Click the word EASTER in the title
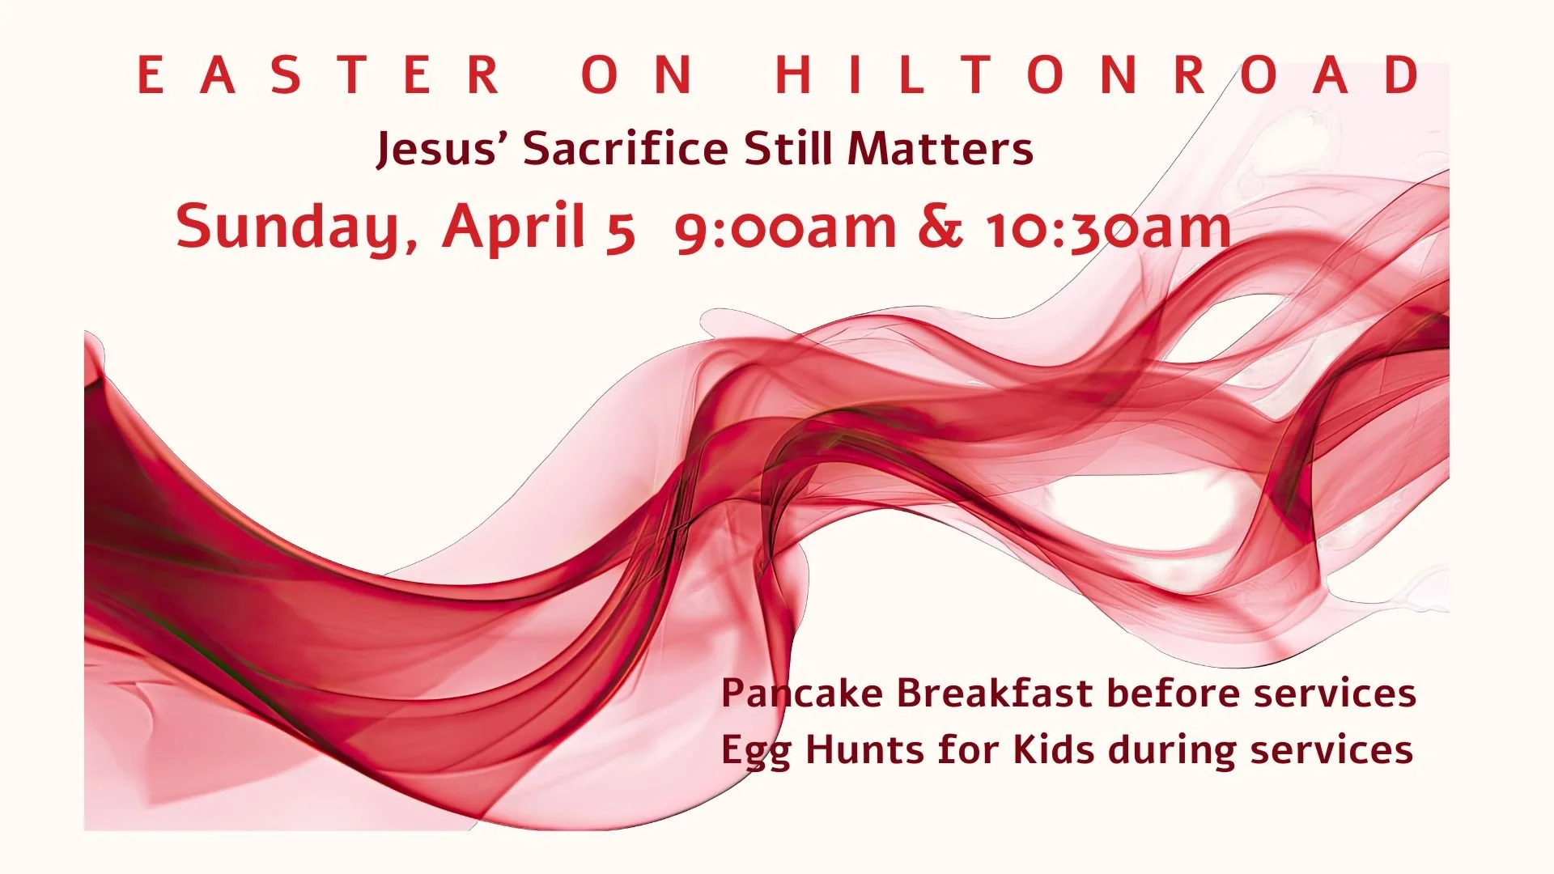pos(319,74)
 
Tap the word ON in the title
pos(636,74)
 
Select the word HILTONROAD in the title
pos(1098,74)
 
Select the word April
pos(513,227)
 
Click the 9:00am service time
pos(784,227)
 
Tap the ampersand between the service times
pos(940,227)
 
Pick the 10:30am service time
pos(1107,227)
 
